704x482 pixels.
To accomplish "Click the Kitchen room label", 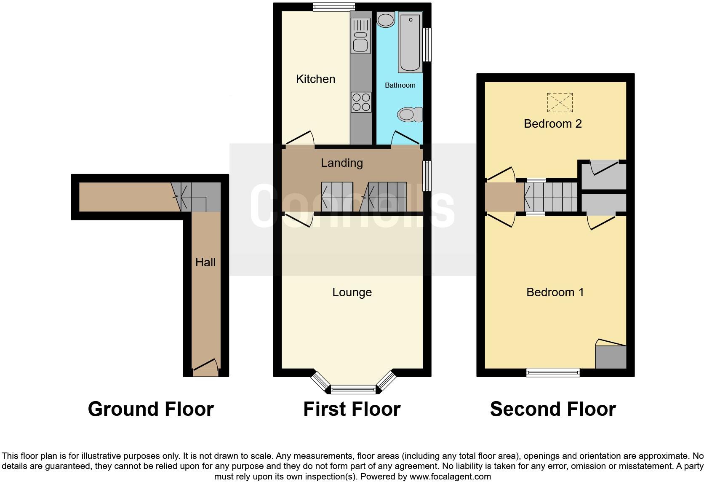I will point(315,79).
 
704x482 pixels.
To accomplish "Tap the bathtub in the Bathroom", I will point(410,42).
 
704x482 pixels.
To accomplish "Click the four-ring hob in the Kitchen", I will point(361,102).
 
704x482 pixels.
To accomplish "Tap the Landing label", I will point(341,163).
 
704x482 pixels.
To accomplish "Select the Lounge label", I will point(352,292).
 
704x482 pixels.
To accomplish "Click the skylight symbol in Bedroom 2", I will point(560,102).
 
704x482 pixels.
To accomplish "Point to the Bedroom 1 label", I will point(555,292).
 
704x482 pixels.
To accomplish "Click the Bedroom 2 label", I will point(552,124).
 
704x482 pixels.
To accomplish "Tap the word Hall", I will point(205,262).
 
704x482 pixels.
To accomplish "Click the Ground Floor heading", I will point(151,409).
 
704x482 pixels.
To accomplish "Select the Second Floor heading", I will point(552,409).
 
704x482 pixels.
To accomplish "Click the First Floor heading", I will point(352,409).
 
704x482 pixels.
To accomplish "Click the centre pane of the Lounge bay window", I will point(353,389).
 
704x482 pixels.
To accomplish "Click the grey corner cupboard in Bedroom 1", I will point(611,357).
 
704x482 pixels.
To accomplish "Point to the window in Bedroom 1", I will point(553,372).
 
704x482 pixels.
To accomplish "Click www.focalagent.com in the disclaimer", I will point(450,477).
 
